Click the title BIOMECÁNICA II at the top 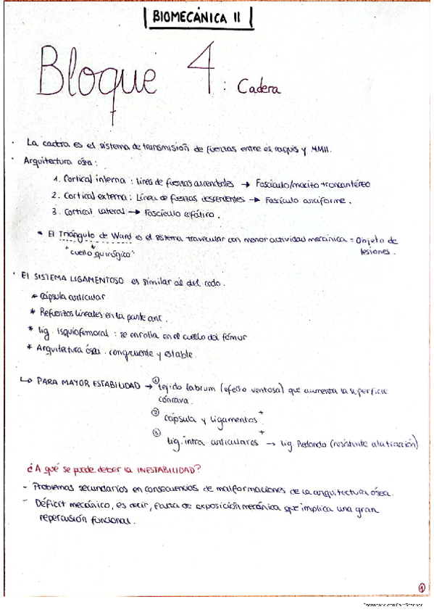(198, 22)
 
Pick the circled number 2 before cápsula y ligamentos (155, 413)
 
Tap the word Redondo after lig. (316, 444)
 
